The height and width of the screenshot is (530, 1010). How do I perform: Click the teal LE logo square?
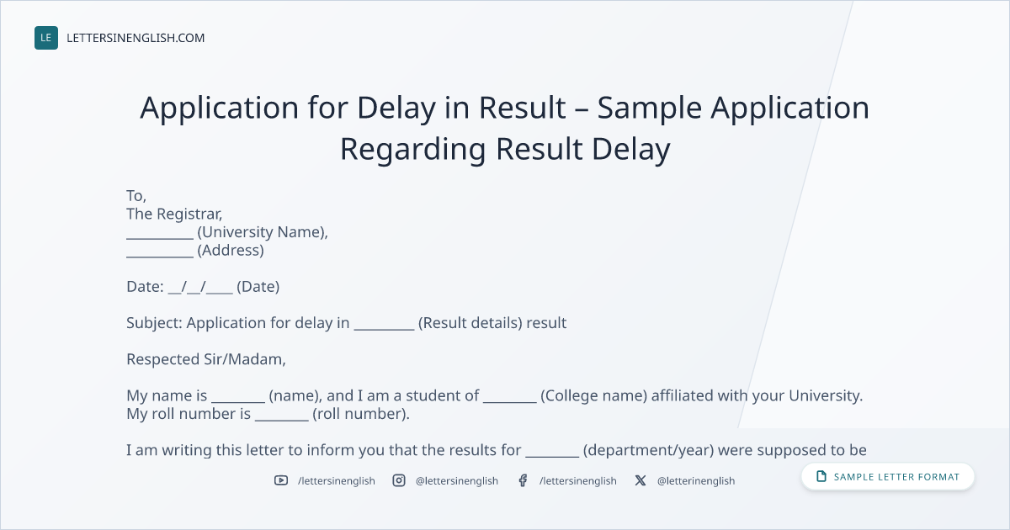46,38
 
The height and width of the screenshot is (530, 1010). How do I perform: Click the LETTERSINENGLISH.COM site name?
136,38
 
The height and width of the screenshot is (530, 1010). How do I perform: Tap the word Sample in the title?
649,109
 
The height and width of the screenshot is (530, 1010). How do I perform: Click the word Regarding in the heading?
412,150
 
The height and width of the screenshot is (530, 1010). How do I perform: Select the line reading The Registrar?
174,214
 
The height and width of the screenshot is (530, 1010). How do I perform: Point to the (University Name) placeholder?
262,232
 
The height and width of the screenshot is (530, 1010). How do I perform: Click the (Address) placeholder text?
231,251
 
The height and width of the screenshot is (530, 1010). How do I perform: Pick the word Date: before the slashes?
145,287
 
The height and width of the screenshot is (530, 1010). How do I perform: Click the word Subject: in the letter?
154,324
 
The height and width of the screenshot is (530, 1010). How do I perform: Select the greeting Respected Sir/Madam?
206,360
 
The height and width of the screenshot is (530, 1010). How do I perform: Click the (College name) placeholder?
594,396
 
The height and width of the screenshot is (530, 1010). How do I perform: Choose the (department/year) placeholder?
648,451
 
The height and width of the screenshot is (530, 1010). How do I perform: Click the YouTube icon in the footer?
281,480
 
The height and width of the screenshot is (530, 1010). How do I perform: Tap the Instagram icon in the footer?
399,480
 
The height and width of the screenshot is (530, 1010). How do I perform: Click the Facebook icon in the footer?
523,480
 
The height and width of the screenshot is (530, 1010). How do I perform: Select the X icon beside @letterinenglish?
641,480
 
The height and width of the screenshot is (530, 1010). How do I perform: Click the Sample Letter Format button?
887,477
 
